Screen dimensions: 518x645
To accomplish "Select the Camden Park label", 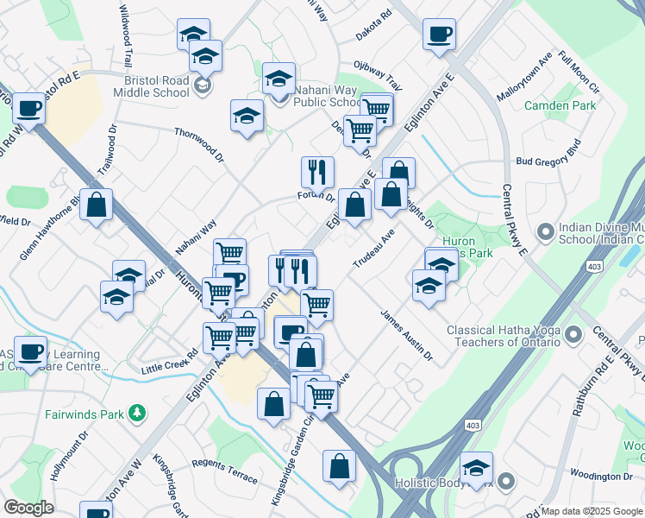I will (560, 106).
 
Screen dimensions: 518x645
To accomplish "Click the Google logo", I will (28, 508).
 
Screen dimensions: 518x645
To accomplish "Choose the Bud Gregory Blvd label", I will (548, 155).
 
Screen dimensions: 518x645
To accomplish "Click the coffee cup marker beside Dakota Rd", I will (439, 35).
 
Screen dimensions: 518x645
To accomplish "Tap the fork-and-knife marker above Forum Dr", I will (317, 172).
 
